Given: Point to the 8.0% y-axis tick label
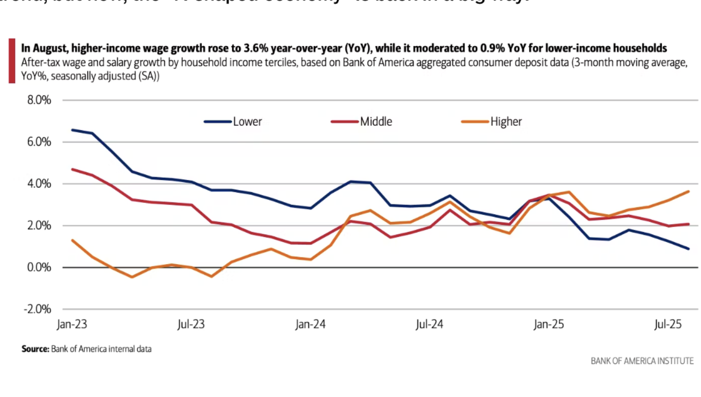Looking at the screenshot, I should (x=39, y=100).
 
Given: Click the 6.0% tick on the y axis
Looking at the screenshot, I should (x=39, y=142).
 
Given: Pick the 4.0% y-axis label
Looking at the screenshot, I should (x=39, y=184).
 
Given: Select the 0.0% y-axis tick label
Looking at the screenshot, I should (x=39, y=267).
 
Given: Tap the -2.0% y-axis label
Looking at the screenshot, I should (x=38, y=309).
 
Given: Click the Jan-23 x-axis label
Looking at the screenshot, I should (x=72, y=324).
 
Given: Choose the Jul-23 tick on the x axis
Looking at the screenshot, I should (x=191, y=324).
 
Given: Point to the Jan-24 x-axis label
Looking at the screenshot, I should (x=310, y=324).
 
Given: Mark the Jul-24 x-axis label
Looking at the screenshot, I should (x=429, y=324).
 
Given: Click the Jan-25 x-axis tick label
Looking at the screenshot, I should (x=549, y=324).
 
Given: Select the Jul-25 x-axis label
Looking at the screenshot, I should (x=668, y=324).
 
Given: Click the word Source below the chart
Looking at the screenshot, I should (x=35, y=349).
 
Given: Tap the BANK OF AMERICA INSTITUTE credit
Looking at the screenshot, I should (x=642, y=361).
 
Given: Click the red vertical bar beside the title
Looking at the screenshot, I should (x=12, y=61).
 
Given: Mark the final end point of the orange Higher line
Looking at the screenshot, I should (x=689, y=192).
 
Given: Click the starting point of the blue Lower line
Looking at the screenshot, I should (x=72, y=130).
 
